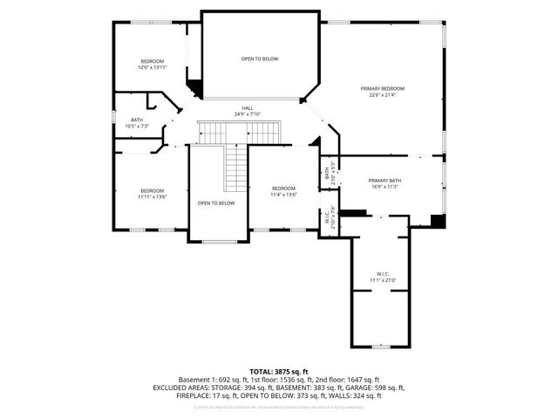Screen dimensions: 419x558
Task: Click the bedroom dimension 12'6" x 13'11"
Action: click(152, 67)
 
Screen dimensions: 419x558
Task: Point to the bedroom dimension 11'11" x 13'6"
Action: click(152, 196)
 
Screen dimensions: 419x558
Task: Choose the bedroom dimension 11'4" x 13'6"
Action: click(283, 195)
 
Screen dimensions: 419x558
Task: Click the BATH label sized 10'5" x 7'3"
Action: click(137, 120)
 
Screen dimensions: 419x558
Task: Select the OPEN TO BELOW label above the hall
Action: click(260, 58)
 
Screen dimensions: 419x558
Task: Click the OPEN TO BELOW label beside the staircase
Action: click(216, 203)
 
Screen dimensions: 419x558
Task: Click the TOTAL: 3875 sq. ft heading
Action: click(279, 372)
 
